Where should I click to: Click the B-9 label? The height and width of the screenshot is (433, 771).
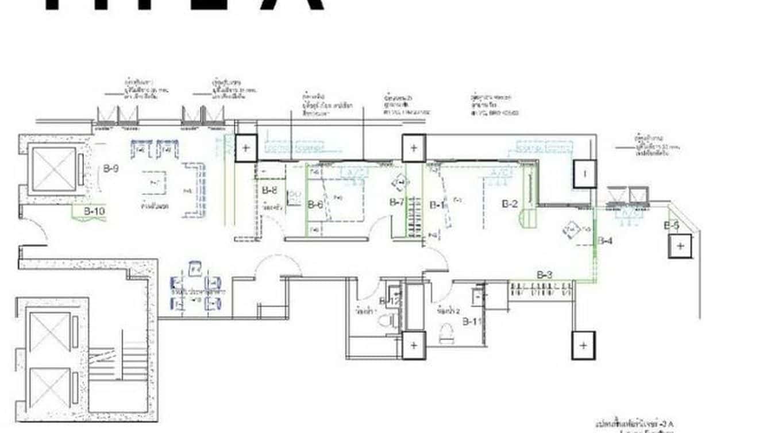111,169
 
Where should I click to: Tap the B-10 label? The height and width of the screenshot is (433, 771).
94,211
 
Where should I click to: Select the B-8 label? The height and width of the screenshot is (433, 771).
269,190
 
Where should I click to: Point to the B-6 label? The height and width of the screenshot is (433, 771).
315,204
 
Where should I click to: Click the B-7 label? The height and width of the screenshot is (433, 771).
398,202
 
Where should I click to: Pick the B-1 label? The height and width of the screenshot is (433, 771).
437,204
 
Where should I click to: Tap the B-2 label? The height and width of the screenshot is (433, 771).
510,203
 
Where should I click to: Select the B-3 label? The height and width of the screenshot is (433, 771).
544,275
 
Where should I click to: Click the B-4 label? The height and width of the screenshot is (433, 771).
605,241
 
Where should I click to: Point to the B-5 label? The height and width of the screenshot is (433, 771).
672,226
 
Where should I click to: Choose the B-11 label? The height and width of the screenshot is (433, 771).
472,321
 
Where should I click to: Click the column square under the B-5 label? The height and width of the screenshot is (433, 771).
680,246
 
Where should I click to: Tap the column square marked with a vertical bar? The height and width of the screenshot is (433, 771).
584,174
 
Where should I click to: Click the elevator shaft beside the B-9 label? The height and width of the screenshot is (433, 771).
53,169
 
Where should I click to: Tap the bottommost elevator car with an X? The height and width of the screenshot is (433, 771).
49,389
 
